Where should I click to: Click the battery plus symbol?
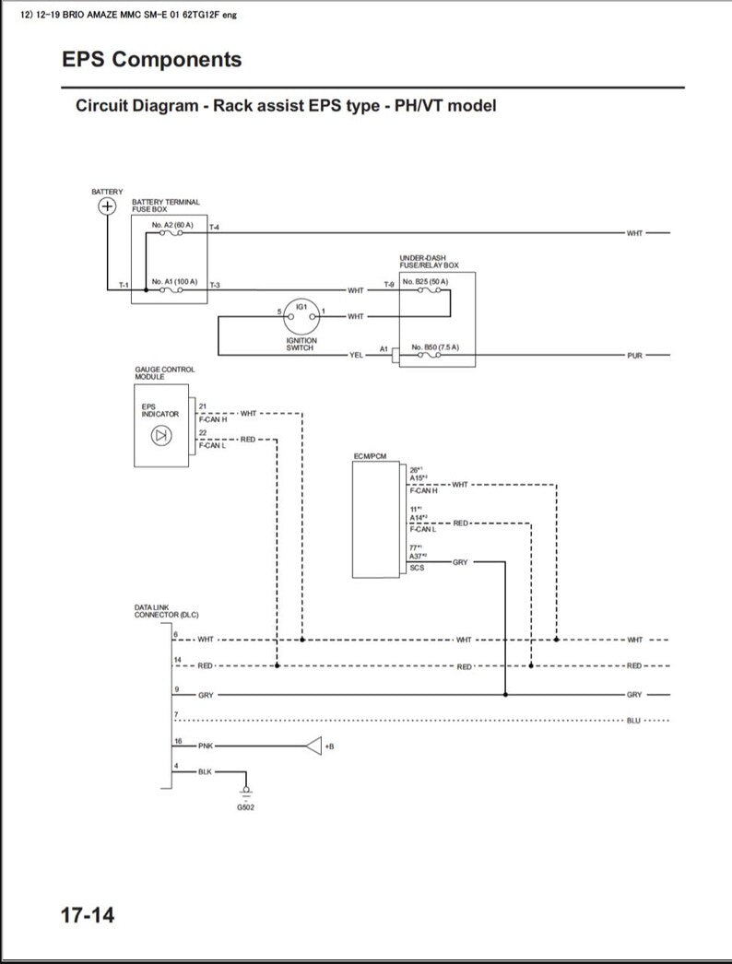(107, 206)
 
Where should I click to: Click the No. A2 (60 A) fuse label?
(172, 225)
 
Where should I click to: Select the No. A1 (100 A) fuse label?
(174, 280)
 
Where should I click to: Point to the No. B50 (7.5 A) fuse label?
(435, 347)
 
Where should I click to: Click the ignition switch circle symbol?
(301, 315)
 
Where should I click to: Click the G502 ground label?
(245, 807)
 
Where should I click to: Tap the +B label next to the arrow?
(329, 746)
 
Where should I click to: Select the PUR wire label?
(634, 355)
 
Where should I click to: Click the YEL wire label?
(357, 355)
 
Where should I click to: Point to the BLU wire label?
(633, 720)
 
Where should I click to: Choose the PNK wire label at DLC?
(206, 746)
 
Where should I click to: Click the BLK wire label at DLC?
(205, 771)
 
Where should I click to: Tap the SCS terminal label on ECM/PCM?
(417, 568)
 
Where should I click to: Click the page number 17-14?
(88, 916)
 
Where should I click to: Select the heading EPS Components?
(152, 60)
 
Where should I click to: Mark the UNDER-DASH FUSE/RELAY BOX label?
(429, 262)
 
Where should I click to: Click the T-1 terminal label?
(124, 286)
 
